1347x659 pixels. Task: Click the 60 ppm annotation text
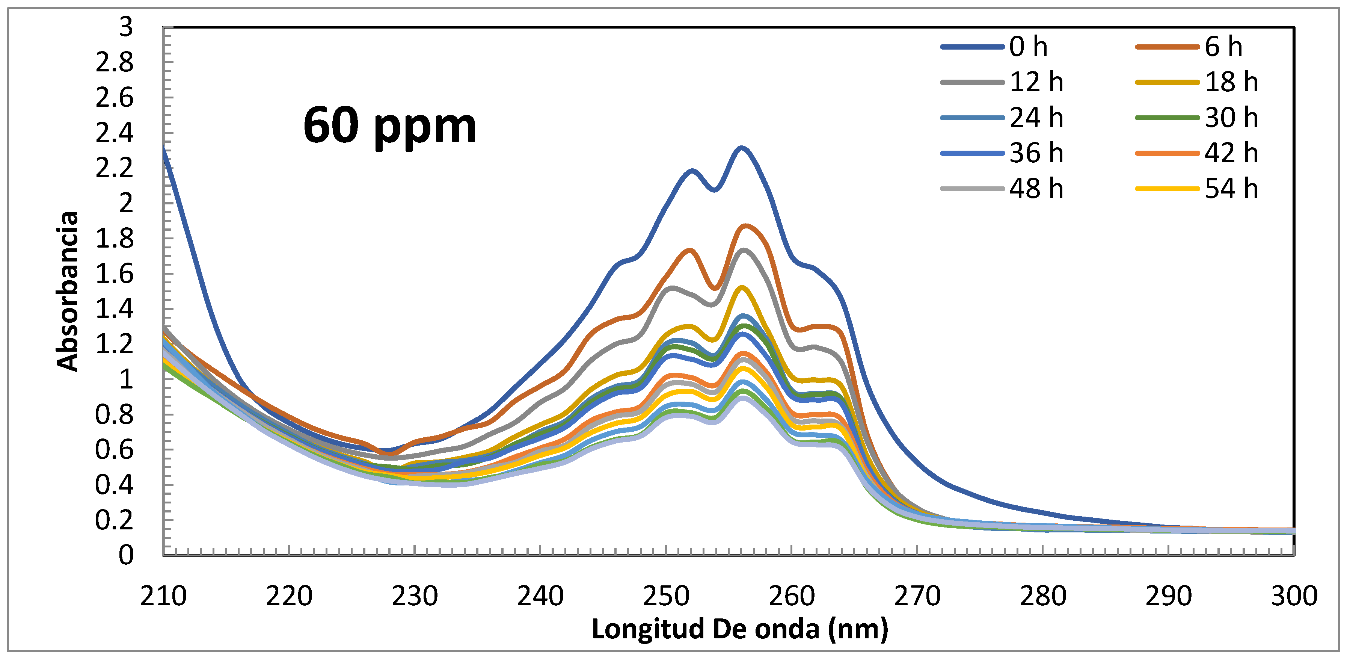click(389, 126)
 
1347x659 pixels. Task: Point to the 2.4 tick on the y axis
click(115, 133)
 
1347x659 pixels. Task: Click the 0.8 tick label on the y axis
click(115, 415)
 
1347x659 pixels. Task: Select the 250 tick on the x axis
click(666, 596)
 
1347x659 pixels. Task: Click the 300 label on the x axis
click(1294, 596)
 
